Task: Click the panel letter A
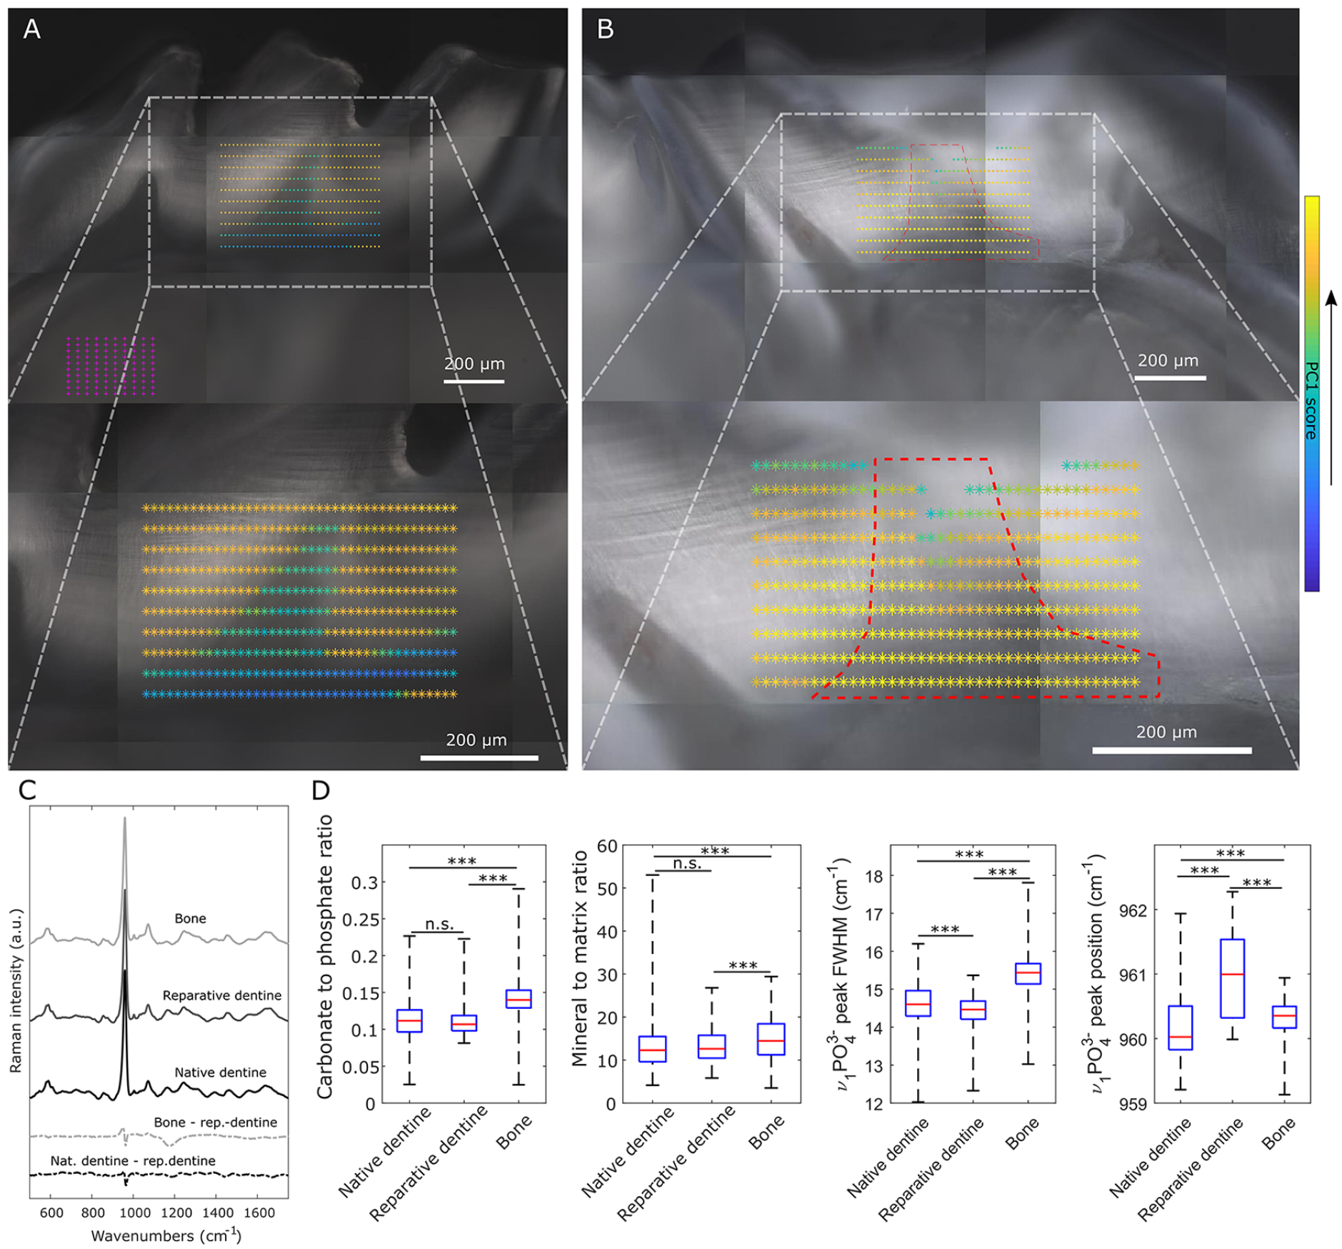[x=31, y=29]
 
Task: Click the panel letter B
[x=605, y=29]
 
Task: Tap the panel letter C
[x=27, y=790]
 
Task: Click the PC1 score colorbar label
[x=1311, y=400]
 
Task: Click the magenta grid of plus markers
[x=111, y=366]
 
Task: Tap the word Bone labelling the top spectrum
[x=190, y=918]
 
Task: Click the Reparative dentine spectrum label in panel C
[x=221, y=995]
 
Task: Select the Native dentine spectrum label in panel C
[x=220, y=1073]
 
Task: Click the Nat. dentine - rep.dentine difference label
[x=133, y=1161]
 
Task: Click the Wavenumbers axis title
[x=166, y=1235]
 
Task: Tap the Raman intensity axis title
[x=16, y=991]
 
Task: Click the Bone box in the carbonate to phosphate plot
[x=519, y=999]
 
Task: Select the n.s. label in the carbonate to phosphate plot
[x=439, y=924]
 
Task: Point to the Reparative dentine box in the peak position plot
[x=1233, y=978]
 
